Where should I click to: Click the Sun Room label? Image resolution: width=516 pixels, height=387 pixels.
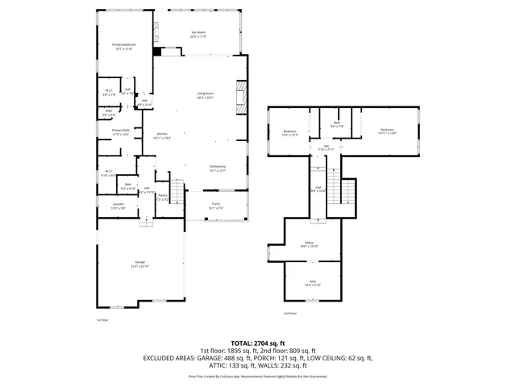pyautogui.click(x=198, y=35)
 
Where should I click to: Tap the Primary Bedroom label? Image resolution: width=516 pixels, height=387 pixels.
pyautogui.click(x=123, y=48)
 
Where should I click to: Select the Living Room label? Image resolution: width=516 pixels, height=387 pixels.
pyautogui.click(x=206, y=95)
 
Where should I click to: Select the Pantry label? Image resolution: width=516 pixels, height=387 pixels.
pyautogui.click(x=162, y=197)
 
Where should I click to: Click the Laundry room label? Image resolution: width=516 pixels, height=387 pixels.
pyautogui.click(x=118, y=206)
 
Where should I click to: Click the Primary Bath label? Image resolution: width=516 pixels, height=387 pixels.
pyautogui.click(x=120, y=131)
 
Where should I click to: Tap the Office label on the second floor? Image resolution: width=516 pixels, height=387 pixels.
pyautogui.click(x=309, y=244)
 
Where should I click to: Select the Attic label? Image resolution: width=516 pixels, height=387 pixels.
pyautogui.click(x=313, y=283)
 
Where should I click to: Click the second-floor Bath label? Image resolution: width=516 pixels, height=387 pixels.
pyautogui.click(x=337, y=124)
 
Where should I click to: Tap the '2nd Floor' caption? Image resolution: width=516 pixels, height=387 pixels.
pyautogui.click(x=290, y=313)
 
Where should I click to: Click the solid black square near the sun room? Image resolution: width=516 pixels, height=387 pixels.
pyautogui.click(x=157, y=52)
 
